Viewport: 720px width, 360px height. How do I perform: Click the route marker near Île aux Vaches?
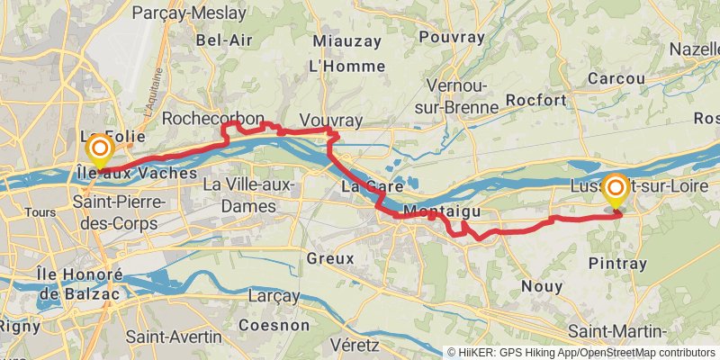tap(100, 149)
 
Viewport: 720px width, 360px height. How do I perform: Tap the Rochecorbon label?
tap(213, 119)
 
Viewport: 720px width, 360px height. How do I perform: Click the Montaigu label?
tap(438, 211)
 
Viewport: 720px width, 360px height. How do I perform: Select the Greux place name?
tap(330, 258)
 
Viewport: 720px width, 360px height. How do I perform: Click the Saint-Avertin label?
tap(174, 337)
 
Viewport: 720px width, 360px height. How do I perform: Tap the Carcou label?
tap(616, 78)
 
